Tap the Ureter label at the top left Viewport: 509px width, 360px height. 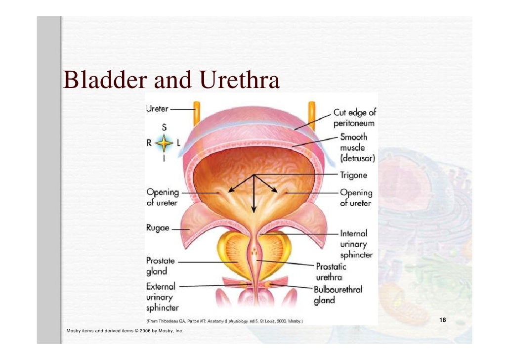click(x=157, y=108)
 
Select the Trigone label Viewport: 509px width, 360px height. click(x=353, y=175)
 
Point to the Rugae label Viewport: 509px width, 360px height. click(x=158, y=228)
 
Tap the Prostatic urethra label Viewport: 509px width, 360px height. click(x=331, y=272)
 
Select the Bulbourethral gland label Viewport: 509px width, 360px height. click(x=338, y=295)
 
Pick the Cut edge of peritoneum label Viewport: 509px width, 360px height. click(x=354, y=118)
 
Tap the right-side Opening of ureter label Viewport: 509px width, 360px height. click(x=356, y=197)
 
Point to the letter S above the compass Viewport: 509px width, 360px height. click(x=164, y=127)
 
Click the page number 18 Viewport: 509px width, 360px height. click(x=443, y=320)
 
